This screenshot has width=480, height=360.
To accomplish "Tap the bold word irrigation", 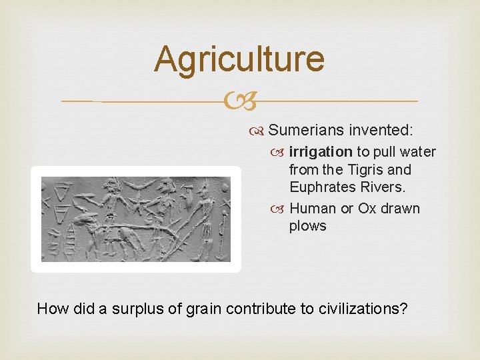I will click(x=320, y=152).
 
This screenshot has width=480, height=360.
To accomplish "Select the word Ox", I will click(x=367, y=209).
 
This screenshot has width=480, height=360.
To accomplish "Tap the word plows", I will click(x=308, y=226).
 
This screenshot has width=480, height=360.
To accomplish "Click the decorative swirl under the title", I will click(x=239, y=102).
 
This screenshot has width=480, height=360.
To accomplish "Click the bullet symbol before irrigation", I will click(x=280, y=153).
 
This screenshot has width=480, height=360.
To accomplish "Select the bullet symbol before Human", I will click(x=280, y=209).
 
